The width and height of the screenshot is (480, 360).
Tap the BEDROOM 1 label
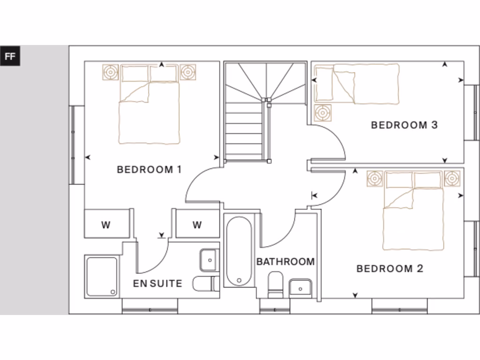[x=149, y=170]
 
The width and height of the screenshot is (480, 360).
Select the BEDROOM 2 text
[x=390, y=269]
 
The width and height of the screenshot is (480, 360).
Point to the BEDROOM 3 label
[x=404, y=125]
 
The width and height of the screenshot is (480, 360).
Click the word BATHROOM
[x=285, y=262]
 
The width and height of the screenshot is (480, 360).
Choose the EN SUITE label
[x=157, y=284]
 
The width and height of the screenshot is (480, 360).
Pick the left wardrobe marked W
[x=106, y=225]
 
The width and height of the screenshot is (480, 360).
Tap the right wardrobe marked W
[x=197, y=225]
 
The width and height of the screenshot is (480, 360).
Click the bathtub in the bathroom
[x=239, y=251]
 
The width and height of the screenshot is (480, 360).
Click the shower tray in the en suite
[x=101, y=277]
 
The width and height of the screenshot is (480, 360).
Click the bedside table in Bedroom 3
[x=322, y=113]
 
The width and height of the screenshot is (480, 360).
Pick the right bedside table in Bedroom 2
[x=452, y=179]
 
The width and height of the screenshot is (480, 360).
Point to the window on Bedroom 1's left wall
[x=73, y=145]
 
